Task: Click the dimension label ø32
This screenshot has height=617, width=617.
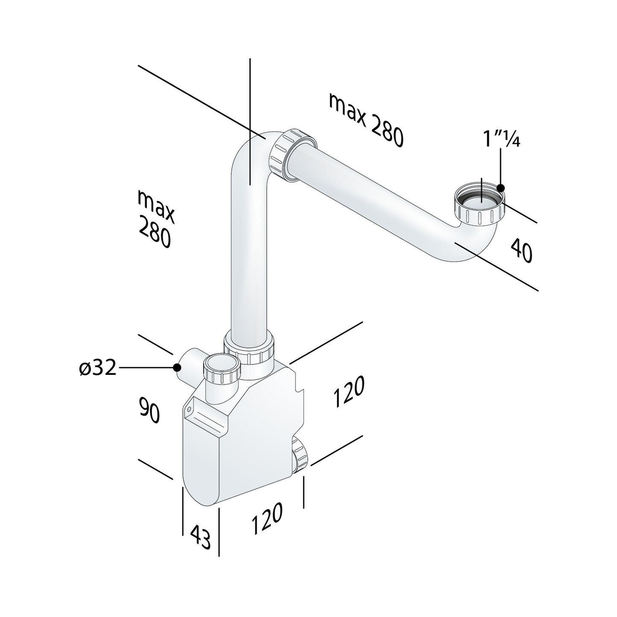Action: click(x=98, y=368)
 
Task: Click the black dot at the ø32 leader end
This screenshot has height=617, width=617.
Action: click(x=176, y=367)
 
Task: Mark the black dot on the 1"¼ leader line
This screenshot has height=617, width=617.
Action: click(x=501, y=187)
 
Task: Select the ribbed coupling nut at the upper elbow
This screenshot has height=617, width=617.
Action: click(x=293, y=155)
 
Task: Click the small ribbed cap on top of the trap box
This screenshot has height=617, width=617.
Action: click(x=222, y=368)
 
